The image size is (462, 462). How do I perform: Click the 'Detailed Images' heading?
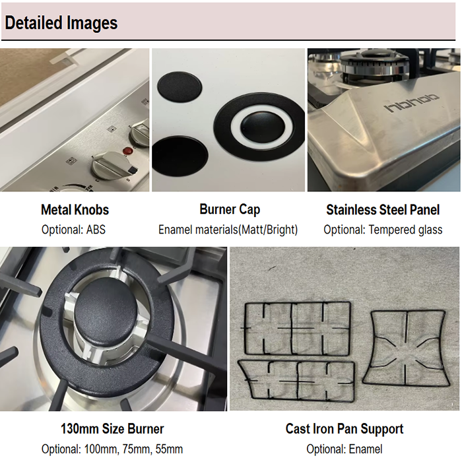click(x=61, y=22)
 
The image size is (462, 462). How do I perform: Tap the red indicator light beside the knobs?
click(x=127, y=151)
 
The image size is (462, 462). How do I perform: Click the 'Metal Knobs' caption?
click(x=75, y=210)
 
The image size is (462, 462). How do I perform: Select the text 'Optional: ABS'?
click(x=73, y=230)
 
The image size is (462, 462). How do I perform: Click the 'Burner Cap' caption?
click(x=230, y=209)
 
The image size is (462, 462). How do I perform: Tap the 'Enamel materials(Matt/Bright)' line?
click(x=228, y=230)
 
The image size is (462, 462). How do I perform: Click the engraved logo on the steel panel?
click(x=412, y=104)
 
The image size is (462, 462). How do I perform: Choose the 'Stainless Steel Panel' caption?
click(x=383, y=210)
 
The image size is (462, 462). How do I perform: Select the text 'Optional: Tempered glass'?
click(x=383, y=230)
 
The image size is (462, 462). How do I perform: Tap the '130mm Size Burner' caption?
click(x=112, y=429)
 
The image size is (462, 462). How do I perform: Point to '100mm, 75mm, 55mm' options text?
click(x=133, y=449)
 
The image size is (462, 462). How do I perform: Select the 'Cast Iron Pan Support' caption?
click(x=344, y=429)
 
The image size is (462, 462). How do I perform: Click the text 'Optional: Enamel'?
click(x=344, y=449)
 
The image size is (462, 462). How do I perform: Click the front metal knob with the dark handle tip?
click(x=114, y=166)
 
